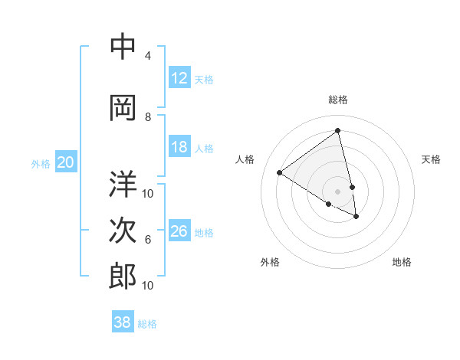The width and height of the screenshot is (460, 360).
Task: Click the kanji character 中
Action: [x=123, y=47]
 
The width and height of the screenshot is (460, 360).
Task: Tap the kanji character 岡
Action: [x=123, y=109]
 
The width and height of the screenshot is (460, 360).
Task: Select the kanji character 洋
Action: [x=123, y=184]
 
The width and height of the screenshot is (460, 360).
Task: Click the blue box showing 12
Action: [x=179, y=78]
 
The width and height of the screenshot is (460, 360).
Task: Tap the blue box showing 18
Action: [x=179, y=147]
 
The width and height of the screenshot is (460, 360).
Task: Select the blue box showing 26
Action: [x=179, y=231]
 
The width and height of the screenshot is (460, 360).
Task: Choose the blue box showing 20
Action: [x=66, y=162]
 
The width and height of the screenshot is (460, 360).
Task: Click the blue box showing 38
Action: [x=123, y=322]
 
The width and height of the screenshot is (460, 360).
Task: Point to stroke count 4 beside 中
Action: [x=148, y=56]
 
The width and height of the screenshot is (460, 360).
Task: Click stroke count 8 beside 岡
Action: [x=148, y=117]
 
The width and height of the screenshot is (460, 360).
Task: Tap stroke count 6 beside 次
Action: [x=148, y=240]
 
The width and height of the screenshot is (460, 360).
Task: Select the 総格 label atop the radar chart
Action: [x=338, y=100]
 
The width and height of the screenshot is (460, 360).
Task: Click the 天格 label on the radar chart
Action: [x=431, y=159]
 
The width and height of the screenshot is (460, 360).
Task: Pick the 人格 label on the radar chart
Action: [x=245, y=159]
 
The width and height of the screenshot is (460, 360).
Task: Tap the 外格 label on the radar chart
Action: [x=270, y=262]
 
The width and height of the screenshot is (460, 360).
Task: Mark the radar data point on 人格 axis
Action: [x=280, y=172]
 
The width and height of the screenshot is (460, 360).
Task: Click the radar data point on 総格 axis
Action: [x=338, y=131]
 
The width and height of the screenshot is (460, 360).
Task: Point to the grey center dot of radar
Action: [x=338, y=191]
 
